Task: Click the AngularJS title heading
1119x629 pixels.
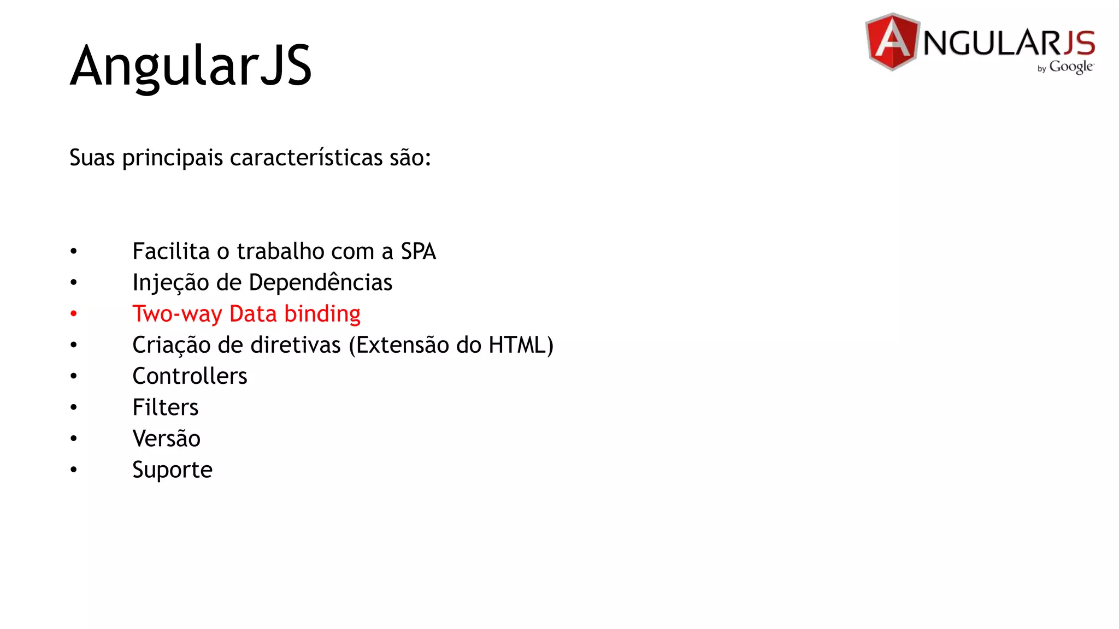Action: click(191, 66)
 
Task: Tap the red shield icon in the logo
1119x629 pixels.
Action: click(892, 42)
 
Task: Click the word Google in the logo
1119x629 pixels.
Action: click(1070, 67)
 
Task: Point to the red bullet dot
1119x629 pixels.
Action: click(74, 314)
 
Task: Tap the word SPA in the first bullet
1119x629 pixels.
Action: click(418, 252)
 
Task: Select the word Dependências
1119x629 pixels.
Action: click(320, 283)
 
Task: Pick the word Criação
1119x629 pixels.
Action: click(171, 346)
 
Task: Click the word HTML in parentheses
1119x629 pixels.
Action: click(517, 345)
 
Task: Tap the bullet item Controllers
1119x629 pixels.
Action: click(190, 376)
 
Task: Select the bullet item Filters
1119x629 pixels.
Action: click(165, 407)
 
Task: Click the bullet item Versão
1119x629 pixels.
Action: click(166, 438)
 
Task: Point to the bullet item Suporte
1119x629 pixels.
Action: click(172, 470)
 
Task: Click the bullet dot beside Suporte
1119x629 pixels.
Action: click(74, 470)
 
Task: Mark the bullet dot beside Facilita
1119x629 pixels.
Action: click(74, 252)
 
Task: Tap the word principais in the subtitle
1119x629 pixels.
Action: click(173, 158)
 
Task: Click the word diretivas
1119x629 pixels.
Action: click(296, 345)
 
